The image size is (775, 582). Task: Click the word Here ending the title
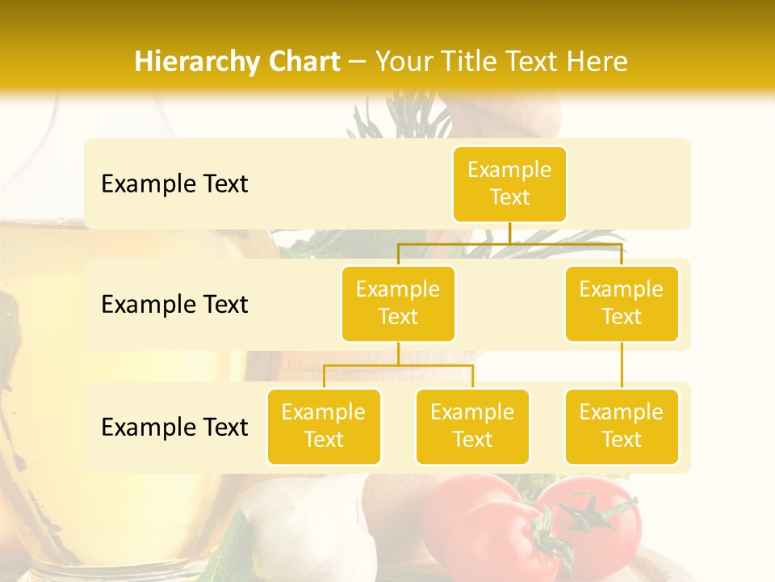596,61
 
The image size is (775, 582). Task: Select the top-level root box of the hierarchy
509,183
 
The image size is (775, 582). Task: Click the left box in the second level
398,303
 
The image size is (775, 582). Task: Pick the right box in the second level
622,303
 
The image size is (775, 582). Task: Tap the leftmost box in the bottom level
324,426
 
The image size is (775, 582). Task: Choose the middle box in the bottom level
472,426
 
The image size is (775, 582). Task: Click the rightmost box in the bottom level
622,426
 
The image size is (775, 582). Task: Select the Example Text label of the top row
174,184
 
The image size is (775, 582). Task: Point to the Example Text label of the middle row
174,305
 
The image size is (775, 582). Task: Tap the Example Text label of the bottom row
174,427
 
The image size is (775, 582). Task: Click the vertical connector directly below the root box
509,233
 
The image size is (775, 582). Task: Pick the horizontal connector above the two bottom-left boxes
398,365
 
